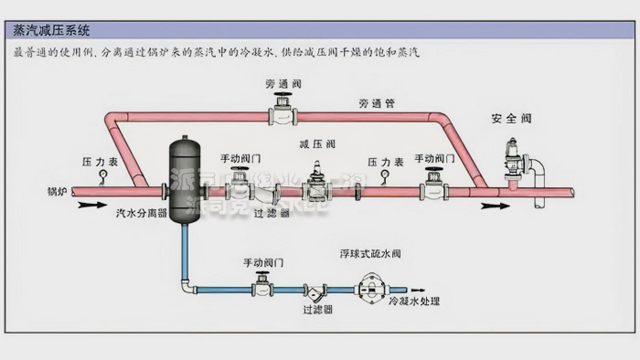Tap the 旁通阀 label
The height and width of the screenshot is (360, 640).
tap(281, 84)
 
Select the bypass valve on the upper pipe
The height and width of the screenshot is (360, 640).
tap(283, 113)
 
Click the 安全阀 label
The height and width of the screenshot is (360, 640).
tap(510, 119)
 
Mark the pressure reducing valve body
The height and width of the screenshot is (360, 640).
tap(316, 187)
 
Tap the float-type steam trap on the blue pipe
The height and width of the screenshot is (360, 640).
tap(371, 291)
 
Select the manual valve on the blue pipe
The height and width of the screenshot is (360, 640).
tap(262, 287)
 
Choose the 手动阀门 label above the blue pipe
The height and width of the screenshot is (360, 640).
tap(262, 262)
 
